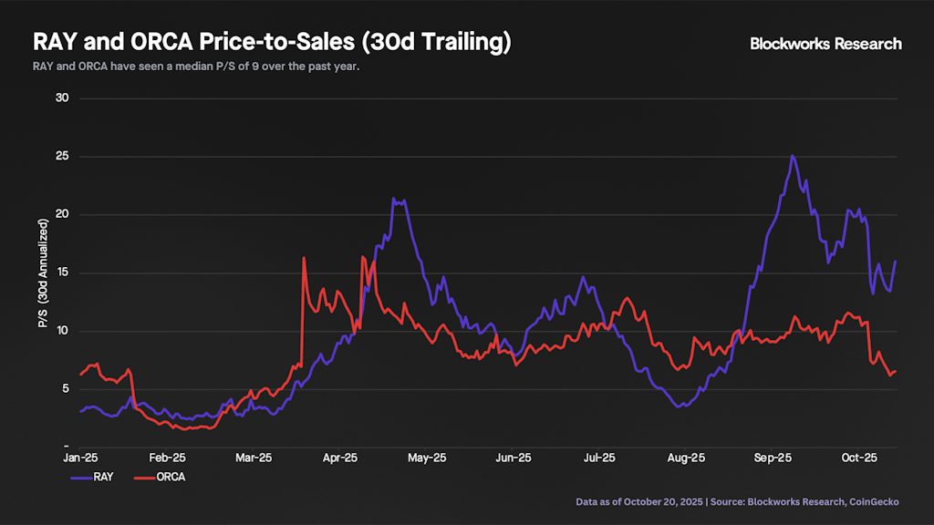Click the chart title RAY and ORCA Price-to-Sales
click(x=272, y=42)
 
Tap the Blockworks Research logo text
click(x=825, y=44)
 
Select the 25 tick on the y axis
click(x=63, y=157)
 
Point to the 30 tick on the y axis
click(x=63, y=98)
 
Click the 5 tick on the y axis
click(x=66, y=389)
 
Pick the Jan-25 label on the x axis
click(x=81, y=458)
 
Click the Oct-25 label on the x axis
click(x=858, y=458)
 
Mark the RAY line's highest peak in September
click(x=793, y=156)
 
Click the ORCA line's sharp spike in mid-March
click(x=304, y=258)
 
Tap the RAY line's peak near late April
click(x=393, y=199)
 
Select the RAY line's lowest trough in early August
click(x=680, y=407)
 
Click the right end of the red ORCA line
click(x=897, y=371)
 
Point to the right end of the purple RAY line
click(x=896, y=262)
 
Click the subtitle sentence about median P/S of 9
click(x=197, y=67)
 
